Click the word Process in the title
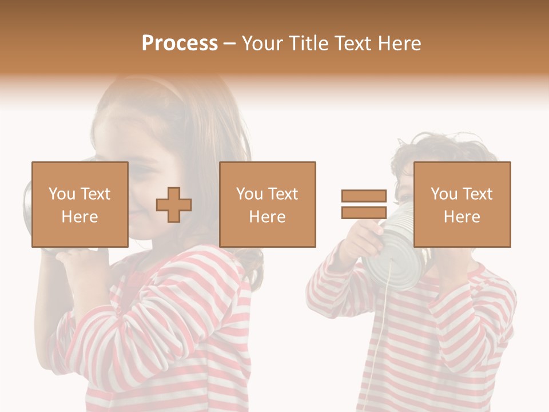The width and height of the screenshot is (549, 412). coord(180,43)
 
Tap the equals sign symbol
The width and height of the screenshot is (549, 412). coord(364,204)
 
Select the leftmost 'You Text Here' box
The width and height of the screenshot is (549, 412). coord(79,204)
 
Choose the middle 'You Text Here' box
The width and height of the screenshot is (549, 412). coord(267,204)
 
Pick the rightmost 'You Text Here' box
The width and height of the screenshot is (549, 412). coord(462,204)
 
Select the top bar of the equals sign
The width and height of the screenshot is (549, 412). coord(364,196)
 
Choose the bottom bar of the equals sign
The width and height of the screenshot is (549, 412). coord(364,212)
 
